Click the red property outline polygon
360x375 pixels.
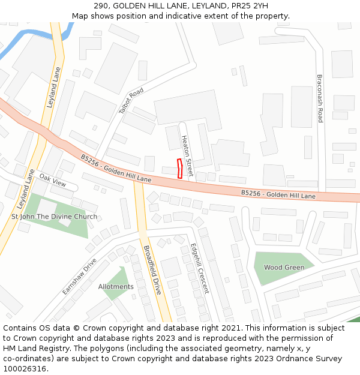click(x=179, y=168)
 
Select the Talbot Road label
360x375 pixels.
click(x=131, y=100)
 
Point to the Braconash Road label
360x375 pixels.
click(x=320, y=99)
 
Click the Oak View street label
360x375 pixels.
click(x=53, y=179)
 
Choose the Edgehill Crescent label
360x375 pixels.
click(x=199, y=268)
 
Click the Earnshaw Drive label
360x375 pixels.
click(x=79, y=276)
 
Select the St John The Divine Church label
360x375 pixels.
click(x=54, y=217)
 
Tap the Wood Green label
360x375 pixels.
click(x=284, y=268)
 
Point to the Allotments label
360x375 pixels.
click(x=116, y=287)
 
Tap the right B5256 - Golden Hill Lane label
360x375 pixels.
click(x=278, y=195)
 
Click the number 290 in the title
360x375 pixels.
click(x=101, y=6)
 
